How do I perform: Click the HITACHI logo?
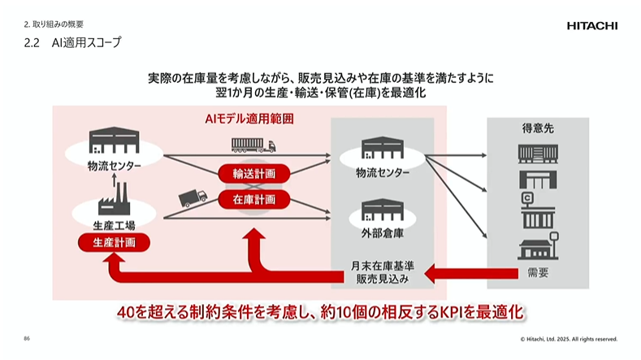pos(591,26)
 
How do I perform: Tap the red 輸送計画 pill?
pos(253,174)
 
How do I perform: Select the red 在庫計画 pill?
pos(253,198)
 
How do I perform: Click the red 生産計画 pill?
pos(114,242)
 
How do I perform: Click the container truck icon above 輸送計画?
pos(253,145)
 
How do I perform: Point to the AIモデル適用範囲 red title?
pos(249,119)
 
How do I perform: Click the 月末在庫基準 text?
pos(383,264)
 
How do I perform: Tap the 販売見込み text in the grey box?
pos(383,279)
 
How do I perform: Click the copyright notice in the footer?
pos(569,339)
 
